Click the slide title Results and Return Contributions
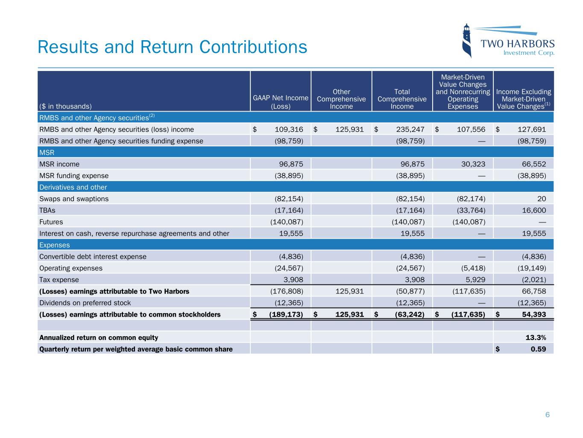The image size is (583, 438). pos(172,47)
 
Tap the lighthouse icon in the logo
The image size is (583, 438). pos(467,41)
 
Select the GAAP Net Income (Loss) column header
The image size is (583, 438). pos(281,102)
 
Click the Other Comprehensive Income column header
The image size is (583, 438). pos(341,99)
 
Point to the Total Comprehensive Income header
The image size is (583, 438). pos(402,99)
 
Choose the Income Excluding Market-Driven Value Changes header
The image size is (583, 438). pos(523,99)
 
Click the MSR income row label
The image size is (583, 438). pos(59,164)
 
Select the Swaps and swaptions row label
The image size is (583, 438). pos(74,198)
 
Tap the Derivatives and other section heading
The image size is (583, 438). pos(73,187)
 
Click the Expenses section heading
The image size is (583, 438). pos(54,245)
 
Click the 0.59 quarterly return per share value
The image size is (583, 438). pos(538,349)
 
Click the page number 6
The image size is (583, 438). pos(547,414)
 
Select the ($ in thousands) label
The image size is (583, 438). pos(65,106)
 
